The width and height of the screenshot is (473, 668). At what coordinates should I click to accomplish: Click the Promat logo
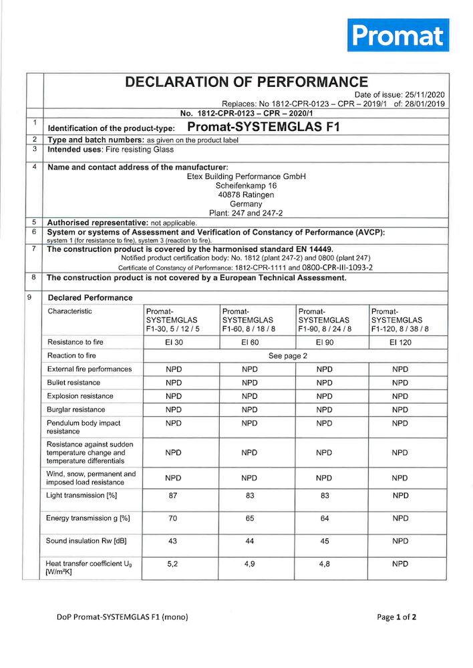[398, 35]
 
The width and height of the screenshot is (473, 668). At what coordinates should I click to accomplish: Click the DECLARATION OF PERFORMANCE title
[247, 82]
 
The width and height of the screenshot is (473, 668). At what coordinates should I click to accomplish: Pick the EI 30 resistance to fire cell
[174, 343]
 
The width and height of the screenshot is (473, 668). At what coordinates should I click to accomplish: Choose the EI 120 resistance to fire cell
[400, 343]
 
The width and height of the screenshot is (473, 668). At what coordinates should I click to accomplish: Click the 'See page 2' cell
[287, 356]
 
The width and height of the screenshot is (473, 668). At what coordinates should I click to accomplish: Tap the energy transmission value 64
[324, 518]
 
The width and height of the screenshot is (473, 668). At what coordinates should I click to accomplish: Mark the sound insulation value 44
[249, 540]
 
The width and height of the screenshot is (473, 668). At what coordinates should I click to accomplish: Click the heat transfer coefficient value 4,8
[324, 564]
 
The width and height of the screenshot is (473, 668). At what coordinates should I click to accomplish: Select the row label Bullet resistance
[73, 383]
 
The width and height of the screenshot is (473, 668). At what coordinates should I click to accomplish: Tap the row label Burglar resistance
[75, 409]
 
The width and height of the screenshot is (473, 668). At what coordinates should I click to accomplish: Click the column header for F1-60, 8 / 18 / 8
[249, 320]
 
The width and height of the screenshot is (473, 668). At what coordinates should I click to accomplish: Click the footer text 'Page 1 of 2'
[396, 617]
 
